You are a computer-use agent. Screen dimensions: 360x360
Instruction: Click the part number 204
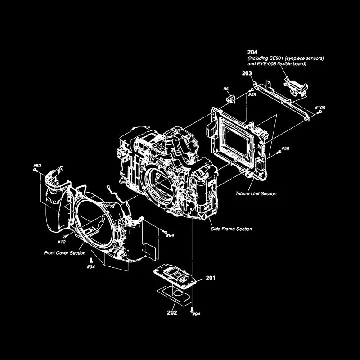tap(252, 53)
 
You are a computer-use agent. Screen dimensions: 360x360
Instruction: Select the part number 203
tap(247, 73)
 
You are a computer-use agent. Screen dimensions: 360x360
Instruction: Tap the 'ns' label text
tap(226, 89)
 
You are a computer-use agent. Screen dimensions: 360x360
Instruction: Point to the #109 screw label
tap(320, 108)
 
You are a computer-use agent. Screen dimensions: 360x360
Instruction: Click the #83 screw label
tap(37, 166)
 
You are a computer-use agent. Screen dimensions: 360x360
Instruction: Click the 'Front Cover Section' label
tap(64, 253)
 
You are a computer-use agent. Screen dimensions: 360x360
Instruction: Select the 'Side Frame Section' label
tap(231, 229)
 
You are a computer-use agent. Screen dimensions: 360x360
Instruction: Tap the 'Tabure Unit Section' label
tap(256, 193)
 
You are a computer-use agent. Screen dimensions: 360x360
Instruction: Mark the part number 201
tap(211, 278)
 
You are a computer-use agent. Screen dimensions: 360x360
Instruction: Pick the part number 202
tap(172, 312)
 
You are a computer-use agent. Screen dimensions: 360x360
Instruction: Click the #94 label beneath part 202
tap(195, 314)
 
